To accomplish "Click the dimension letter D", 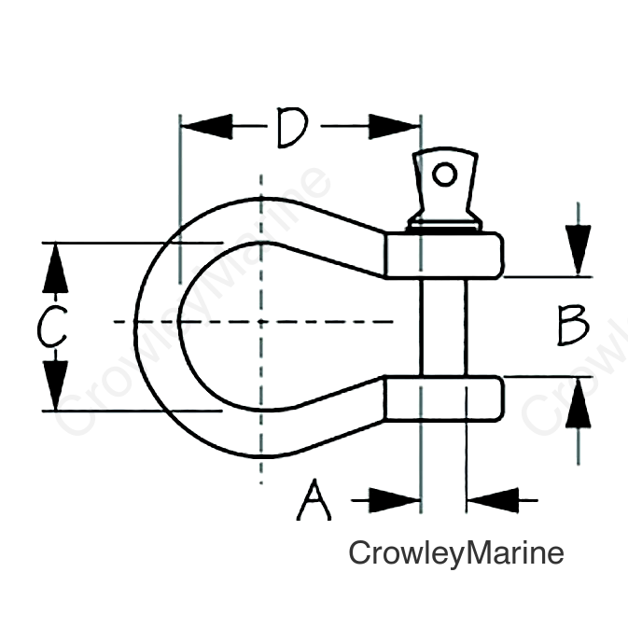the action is [293, 127].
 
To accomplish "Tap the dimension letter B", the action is [574, 325].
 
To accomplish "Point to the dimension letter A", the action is [314, 500].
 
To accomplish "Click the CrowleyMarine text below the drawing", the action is [456, 553].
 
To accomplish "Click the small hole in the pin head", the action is [444, 174].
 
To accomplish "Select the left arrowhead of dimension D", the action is [206, 127].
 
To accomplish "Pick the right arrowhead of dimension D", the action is [394, 127].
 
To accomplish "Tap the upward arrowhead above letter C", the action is [55, 268].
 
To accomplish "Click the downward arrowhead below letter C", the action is [55, 385].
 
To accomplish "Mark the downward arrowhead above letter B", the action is [578, 250].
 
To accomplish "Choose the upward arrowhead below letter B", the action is [578, 403].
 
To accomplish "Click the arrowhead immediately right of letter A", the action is [395, 500].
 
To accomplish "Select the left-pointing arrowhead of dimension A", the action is [493, 500].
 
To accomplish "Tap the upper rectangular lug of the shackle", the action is [444, 255].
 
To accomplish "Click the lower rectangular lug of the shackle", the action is [443, 398].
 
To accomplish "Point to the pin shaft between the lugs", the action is [443, 327].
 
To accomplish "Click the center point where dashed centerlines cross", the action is [261, 321].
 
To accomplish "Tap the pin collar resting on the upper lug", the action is [444, 226].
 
